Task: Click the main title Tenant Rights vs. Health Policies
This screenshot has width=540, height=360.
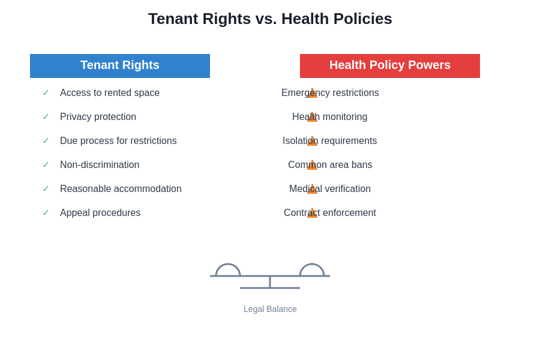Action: [270, 19]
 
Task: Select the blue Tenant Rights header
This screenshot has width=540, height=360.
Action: [120, 65]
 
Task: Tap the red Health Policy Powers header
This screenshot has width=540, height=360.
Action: [390, 65]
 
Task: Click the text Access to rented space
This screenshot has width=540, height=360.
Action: [110, 93]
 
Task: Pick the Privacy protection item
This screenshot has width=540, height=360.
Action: [98, 117]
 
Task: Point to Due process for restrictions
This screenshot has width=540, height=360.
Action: [118, 141]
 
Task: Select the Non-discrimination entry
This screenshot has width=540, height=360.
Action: [100, 165]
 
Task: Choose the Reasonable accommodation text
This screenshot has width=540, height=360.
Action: [121, 189]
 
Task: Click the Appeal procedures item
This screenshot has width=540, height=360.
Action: [100, 213]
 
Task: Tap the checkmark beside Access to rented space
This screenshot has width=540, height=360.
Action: [46, 92]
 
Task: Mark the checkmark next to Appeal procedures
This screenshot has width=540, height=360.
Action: [46, 212]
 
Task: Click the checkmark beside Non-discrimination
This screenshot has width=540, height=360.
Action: [46, 164]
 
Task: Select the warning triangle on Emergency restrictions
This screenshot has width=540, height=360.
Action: [312, 94]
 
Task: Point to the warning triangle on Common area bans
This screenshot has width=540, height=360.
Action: [312, 166]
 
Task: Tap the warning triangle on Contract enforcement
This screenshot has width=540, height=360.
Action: [312, 214]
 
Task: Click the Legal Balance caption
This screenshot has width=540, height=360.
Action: [270, 309]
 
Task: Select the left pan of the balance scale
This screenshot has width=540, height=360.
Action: [228, 269]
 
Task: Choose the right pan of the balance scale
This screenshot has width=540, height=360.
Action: [312, 269]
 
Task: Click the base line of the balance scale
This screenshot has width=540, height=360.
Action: [270, 288]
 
